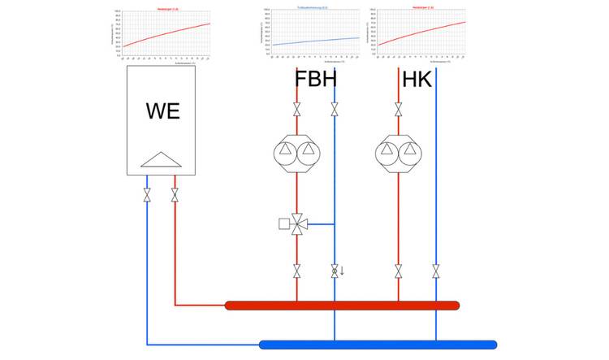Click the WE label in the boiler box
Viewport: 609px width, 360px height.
(162, 111)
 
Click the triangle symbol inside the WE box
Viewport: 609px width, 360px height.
(161, 159)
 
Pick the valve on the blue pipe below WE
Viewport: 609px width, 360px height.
(147, 195)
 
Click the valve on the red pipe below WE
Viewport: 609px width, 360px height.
(175, 195)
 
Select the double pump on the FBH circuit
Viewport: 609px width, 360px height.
(296, 151)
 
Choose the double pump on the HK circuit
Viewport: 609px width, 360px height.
(398, 151)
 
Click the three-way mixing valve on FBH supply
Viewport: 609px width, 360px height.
(297, 223)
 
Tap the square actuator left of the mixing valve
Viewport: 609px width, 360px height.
(283, 223)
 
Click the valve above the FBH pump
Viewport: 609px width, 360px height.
(297, 109)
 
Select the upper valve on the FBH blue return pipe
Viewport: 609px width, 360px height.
(334, 109)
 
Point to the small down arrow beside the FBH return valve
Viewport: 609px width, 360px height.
(343, 271)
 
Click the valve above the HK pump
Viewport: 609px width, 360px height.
(398, 109)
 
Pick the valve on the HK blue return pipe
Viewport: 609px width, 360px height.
(435, 271)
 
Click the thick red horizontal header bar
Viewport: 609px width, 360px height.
(341, 306)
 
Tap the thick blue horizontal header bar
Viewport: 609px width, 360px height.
(378, 345)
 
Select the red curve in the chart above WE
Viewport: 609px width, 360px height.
(166, 35)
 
